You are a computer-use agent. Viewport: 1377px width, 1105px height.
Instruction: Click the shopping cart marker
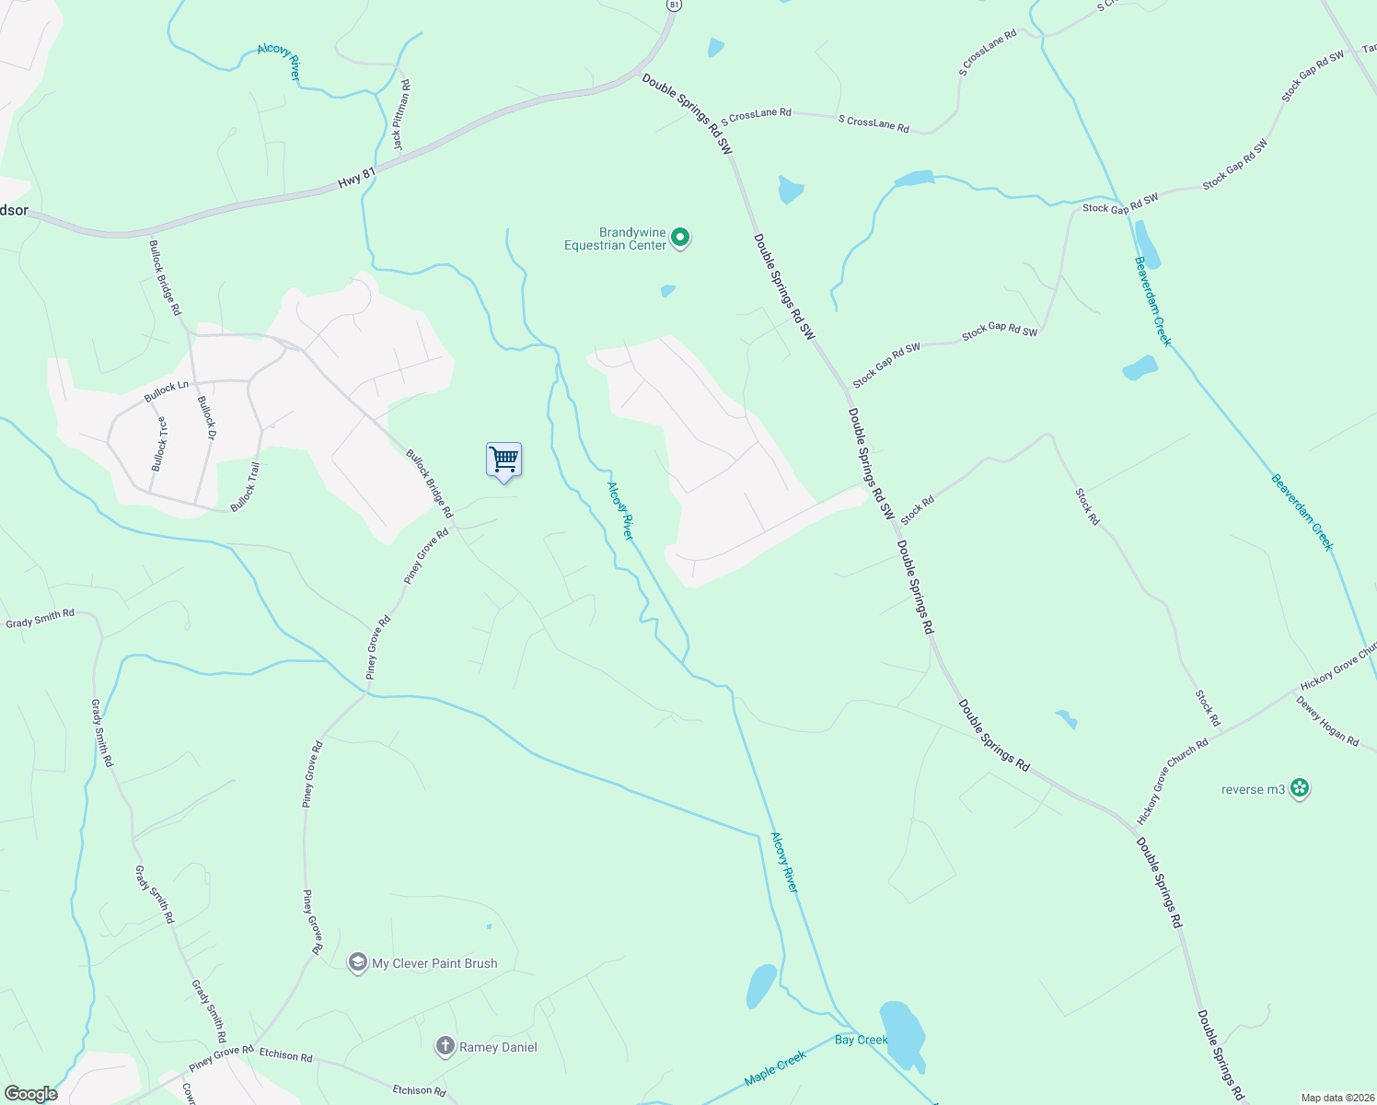click(x=503, y=459)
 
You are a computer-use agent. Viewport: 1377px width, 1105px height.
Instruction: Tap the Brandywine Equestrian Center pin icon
click(x=680, y=238)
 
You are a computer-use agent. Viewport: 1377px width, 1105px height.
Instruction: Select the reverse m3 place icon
click(x=1300, y=788)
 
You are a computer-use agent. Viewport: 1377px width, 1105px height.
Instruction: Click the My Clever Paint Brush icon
click(x=357, y=962)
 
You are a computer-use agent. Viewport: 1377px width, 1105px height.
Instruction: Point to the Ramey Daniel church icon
click(x=445, y=1046)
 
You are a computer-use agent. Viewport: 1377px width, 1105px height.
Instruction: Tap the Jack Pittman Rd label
click(x=401, y=115)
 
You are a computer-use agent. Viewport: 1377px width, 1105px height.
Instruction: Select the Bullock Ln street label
click(x=167, y=391)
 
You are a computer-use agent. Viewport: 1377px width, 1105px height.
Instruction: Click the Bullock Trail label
click(x=245, y=487)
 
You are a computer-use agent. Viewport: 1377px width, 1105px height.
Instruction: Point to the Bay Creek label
click(x=861, y=1040)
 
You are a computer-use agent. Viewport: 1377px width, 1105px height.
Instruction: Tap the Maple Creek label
click(x=775, y=1068)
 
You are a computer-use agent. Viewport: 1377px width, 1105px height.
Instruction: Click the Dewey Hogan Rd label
click(x=1326, y=721)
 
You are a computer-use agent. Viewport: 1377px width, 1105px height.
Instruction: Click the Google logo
click(x=31, y=1094)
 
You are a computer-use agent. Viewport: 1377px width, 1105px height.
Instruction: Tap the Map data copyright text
click(x=1337, y=1098)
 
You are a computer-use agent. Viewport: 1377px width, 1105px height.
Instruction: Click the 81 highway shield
click(x=675, y=5)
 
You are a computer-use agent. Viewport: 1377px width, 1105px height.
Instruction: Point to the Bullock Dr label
click(x=206, y=418)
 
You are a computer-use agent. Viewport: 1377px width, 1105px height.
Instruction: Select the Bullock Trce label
click(x=160, y=444)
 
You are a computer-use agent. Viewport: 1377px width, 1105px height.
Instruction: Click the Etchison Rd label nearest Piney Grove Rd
click(x=285, y=1054)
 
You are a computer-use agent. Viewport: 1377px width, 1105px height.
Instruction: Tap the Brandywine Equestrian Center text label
click(x=615, y=238)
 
